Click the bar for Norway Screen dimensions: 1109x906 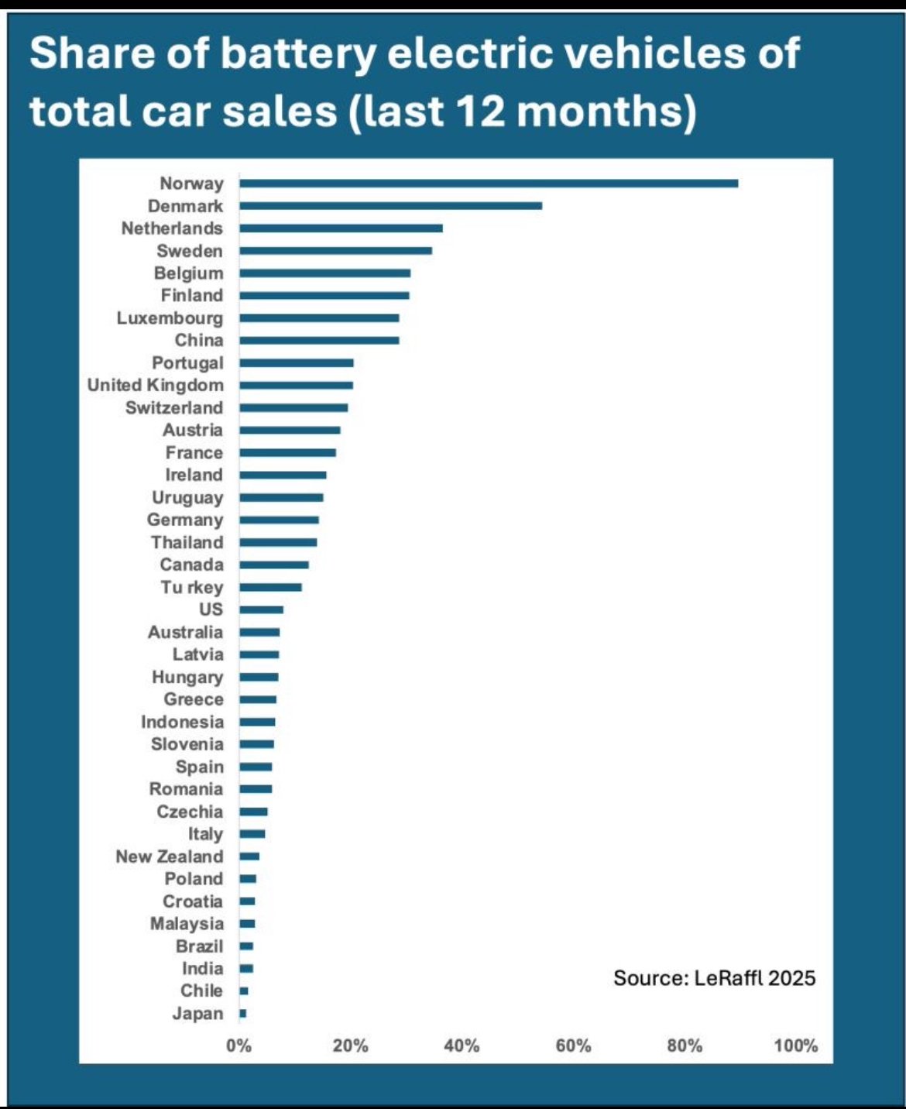click(488, 184)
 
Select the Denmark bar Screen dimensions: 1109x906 click(390, 206)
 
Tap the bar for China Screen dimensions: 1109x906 click(319, 340)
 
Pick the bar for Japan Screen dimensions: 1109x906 click(243, 1013)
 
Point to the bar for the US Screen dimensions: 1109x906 click(262, 609)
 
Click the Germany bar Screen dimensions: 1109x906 click(279, 520)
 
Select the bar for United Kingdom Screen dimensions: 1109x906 click(296, 385)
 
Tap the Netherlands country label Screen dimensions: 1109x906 click(172, 228)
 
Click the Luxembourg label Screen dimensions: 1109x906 click(170, 318)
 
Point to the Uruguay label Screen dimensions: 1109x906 click(187, 497)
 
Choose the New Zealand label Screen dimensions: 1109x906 click(170, 857)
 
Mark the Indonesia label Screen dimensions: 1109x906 click(182, 722)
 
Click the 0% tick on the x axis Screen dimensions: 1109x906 click(239, 1045)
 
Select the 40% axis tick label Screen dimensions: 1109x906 click(462, 1045)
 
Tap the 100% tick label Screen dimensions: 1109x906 click(795, 1045)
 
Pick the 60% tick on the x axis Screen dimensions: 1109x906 click(573, 1045)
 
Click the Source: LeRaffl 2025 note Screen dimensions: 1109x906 click(714, 978)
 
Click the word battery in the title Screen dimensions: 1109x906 click(298, 54)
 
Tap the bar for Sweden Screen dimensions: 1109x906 click(335, 251)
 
